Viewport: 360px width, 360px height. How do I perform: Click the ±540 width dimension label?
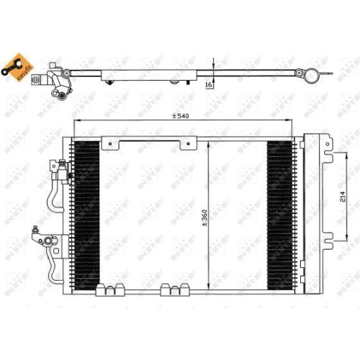pos(181,116)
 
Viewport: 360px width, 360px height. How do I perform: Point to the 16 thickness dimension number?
pos(208,85)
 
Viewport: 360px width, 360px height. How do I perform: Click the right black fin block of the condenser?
pos(279,213)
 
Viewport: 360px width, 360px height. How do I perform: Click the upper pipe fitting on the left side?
pos(60,168)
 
